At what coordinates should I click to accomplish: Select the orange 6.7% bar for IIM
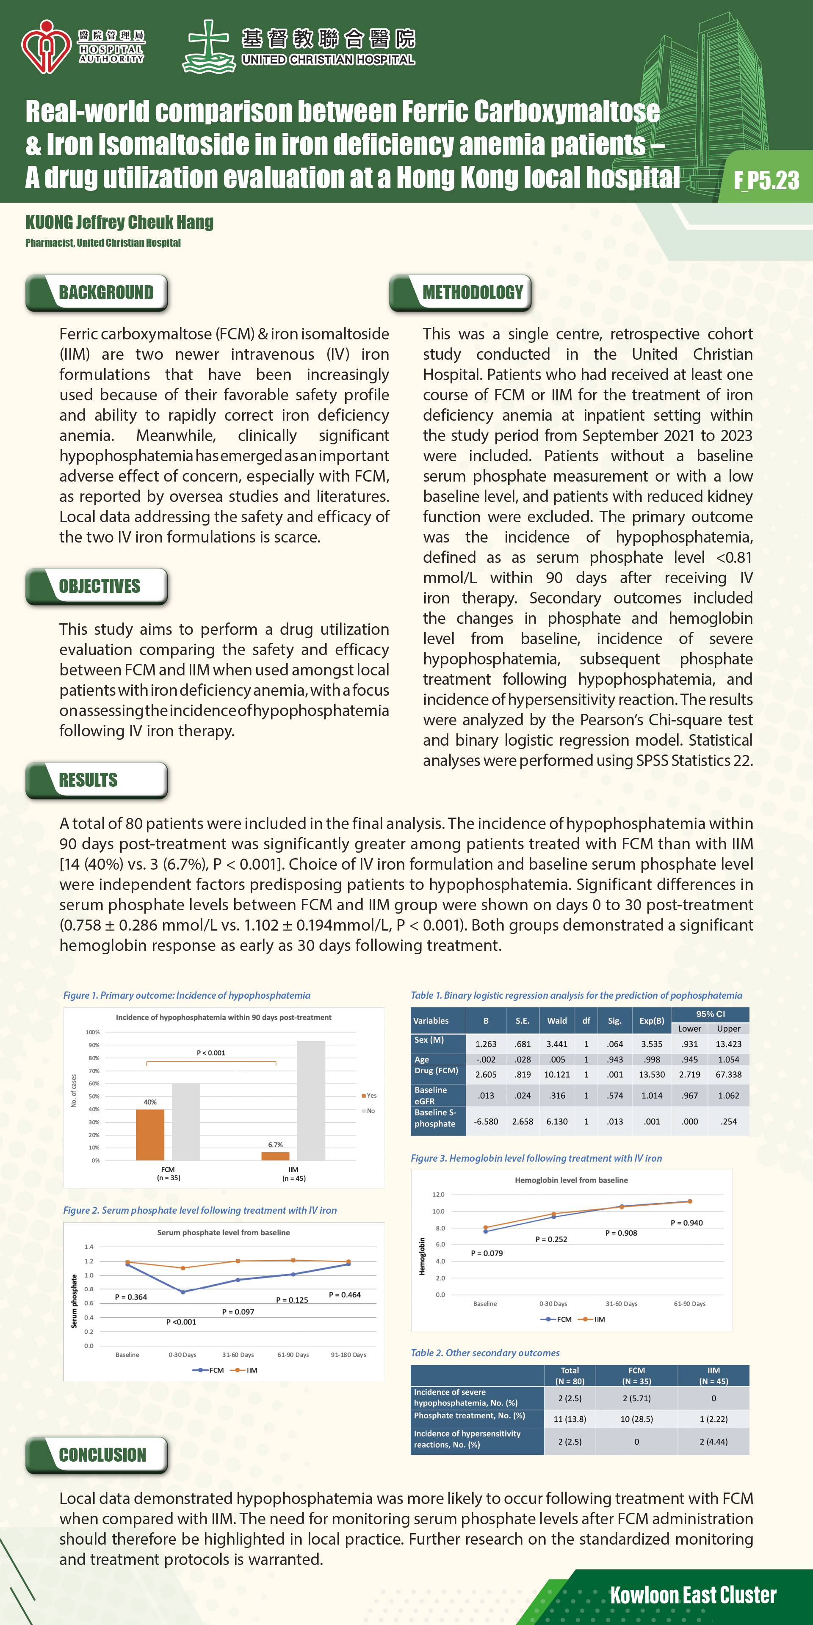[x=275, y=1156]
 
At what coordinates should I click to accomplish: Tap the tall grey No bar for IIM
[x=311, y=1100]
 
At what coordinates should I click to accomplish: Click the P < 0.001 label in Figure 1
[x=211, y=1052]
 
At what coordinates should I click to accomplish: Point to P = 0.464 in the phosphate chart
[x=345, y=1294]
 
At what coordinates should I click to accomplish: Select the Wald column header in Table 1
[x=557, y=1020]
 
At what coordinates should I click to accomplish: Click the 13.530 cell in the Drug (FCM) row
[x=652, y=1074]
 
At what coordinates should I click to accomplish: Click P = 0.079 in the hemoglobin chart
[x=487, y=1253]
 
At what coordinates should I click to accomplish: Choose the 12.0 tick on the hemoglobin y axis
[x=438, y=1194]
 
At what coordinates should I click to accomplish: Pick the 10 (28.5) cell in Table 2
[x=636, y=1419]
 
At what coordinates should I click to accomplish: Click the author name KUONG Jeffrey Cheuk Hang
[x=119, y=222]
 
